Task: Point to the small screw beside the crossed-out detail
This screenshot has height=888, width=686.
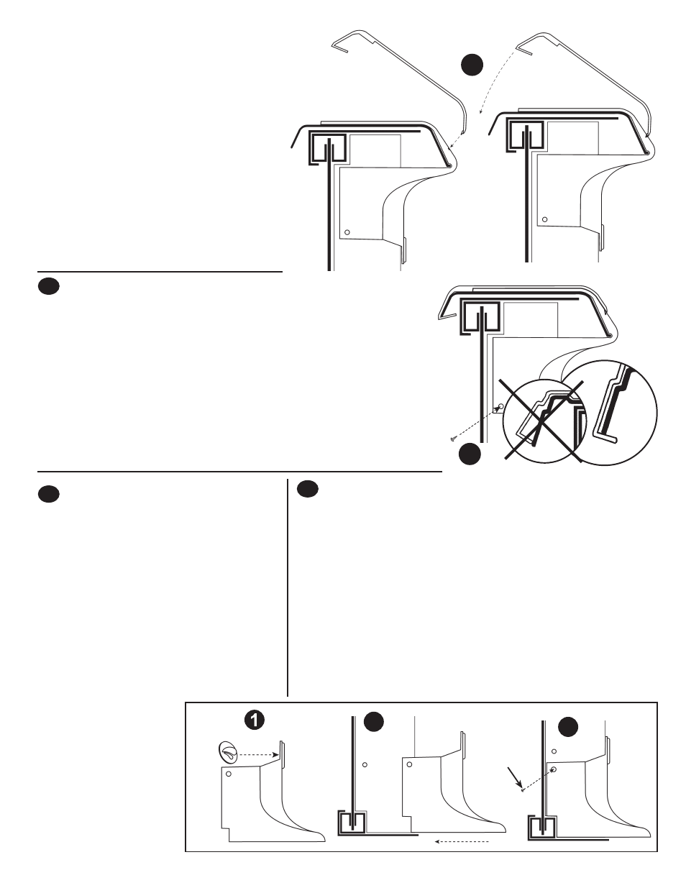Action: [x=454, y=439]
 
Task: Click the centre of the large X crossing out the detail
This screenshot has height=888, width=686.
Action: [x=541, y=421]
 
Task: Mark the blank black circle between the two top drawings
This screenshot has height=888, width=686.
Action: [x=472, y=65]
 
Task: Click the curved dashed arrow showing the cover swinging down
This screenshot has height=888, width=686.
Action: [x=495, y=78]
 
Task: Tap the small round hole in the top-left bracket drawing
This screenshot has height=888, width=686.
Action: [x=347, y=232]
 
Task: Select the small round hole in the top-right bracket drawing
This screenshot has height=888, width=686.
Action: [x=544, y=219]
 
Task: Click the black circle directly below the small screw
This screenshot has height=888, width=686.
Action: [x=470, y=454]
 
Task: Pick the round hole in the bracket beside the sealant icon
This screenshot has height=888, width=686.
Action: [x=229, y=774]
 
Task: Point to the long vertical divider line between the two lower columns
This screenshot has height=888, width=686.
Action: [x=288, y=587]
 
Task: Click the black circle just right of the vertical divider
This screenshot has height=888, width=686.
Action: [x=308, y=490]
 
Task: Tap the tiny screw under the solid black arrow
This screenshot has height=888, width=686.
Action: [x=523, y=791]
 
